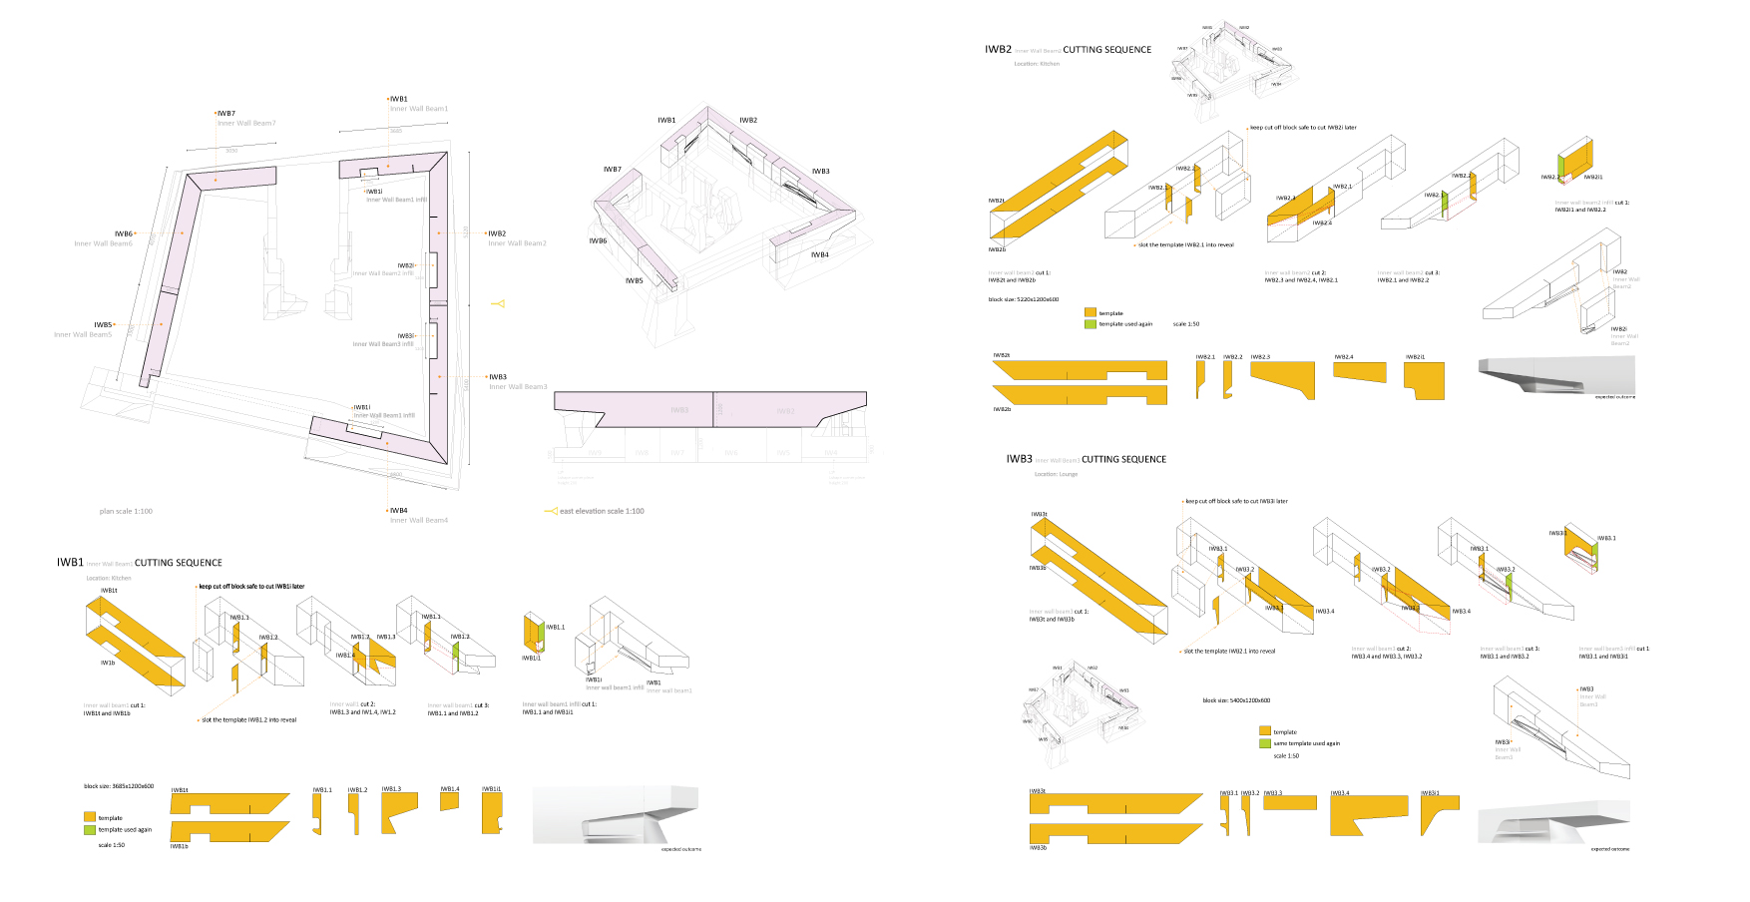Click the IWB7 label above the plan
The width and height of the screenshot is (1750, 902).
pyautogui.click(x=226, y=114)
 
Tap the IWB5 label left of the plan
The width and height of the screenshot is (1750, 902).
pyautogui.click(x=103, y=324)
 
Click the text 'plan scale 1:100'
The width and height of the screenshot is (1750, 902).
pyautogui.click(x=126, y=511)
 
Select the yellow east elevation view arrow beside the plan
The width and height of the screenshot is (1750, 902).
pyautogui.click(x=498, y=303)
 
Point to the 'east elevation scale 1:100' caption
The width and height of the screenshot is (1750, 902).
pyautogui.click(x=602, y=511)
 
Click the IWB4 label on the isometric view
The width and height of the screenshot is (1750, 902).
pyautogui.click(x=819, y=254)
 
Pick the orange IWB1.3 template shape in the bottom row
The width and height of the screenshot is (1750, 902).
pyautogui.click(x=397, y=811)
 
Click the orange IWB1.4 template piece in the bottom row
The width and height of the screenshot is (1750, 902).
pyautogui.click(x=449, y=800)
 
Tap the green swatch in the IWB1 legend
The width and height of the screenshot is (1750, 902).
pyautogui.click(x=90, y=829)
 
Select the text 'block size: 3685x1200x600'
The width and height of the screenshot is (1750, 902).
pyautogui.click(x=119, y=786)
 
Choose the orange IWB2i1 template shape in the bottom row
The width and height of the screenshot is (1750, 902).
pyautogui.click(x=1424, y=379)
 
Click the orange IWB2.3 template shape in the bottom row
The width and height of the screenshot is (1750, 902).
pyautogui.click(x=1282, y=378)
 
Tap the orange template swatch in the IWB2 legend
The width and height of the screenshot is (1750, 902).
pyautogui.click(x=1091, y=313)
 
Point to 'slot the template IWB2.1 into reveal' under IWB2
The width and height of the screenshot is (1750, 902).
pyautogui.click(x=1185, y=244)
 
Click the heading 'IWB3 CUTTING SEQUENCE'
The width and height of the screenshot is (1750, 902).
pyautogui.click(x=1086, y=459)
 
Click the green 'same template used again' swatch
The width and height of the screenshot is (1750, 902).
pyautogui.click(x=1265, y=743)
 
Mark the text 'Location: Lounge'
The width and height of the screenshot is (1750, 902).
pyautogui.click(x=1056, y=474)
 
